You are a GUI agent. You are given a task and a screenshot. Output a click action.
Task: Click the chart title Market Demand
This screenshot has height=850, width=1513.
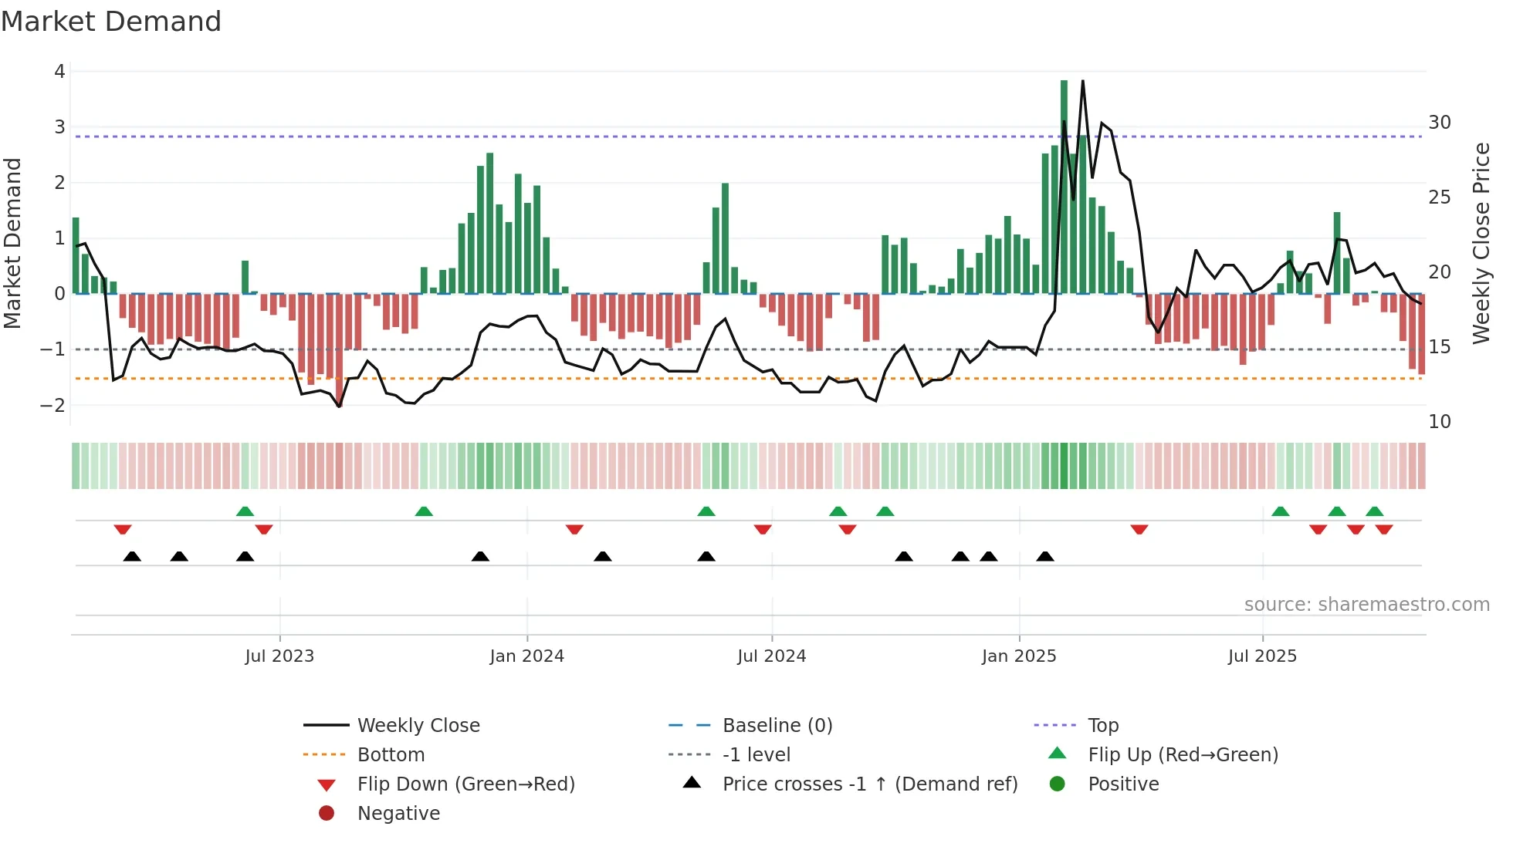tap(111, 22)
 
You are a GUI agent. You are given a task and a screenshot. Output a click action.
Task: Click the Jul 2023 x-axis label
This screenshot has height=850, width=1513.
tap(279, 656)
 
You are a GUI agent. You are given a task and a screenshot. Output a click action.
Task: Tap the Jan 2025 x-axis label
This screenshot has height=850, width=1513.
tap(1019, 656)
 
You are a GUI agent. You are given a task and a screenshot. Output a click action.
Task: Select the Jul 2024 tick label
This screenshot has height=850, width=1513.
tap(771, 656)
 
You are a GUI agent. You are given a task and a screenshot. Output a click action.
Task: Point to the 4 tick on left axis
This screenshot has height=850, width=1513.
tap(59, 72)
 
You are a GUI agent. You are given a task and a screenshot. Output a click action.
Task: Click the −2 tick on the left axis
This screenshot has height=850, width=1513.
tap(53, 406)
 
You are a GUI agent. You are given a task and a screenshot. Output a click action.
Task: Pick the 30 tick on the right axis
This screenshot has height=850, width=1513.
tap(1440, 123)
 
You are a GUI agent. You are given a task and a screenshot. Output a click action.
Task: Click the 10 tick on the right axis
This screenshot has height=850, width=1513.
tap(1440, 422)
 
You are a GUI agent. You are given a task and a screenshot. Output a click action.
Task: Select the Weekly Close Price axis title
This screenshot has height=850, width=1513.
tap(1481, 243)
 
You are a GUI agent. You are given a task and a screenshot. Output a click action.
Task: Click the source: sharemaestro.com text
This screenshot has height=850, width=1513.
tap(1366, 605)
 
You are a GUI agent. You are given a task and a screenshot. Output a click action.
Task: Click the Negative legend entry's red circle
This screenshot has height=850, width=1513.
tap(327, 814)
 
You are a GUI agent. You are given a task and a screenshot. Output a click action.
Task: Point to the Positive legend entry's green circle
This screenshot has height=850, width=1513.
tap(1058, 784)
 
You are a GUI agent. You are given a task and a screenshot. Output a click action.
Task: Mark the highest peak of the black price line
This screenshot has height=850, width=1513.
tap(1083, 81)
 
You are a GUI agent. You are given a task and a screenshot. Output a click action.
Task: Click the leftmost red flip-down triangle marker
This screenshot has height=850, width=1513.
tap(123, 530)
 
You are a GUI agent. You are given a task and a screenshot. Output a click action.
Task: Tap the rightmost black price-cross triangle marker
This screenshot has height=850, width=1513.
tap(1045, 556)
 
